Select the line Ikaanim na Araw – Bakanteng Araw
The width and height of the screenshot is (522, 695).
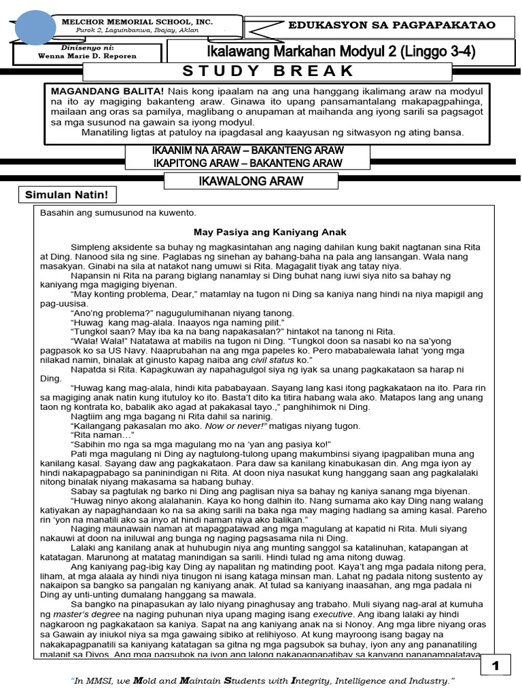[x=247, y=149]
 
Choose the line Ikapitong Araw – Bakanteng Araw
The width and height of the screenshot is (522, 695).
[x=247, y=163]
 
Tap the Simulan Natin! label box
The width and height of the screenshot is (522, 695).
[x=67, y=195]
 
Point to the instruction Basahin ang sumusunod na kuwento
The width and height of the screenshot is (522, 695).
[x=118, y=213]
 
